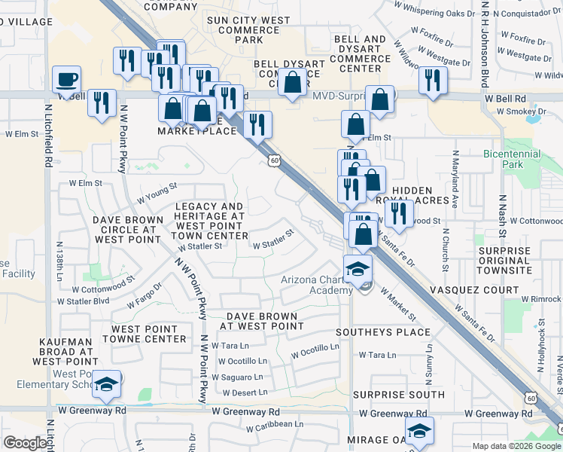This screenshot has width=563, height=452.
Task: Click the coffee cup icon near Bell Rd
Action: click(67, 78)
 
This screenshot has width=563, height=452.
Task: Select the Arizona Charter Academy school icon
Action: click(358, 267)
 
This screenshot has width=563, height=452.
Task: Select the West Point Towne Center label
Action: click(148, 334)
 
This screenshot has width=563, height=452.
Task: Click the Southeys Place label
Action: click(382, 331)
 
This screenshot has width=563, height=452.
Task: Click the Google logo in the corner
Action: click(26, 443)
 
